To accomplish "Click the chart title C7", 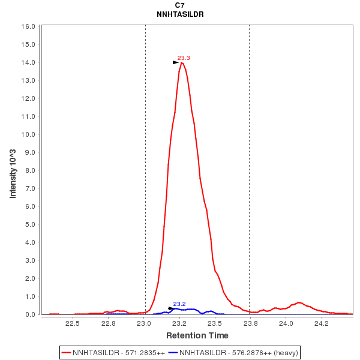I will pos(179,5).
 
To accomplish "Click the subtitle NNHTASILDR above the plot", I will pos(179,14).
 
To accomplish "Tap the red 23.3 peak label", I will pos(184,58).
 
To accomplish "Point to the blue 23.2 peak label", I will pos(179,304).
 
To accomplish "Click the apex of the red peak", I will pos(181,62).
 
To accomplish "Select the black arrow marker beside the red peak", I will pos(176,62).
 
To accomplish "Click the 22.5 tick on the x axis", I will pos(73,324).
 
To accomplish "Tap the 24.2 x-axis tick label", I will pos(322,324).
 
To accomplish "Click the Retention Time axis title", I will pos(197,335).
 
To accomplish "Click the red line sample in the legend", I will pos(67,352).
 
